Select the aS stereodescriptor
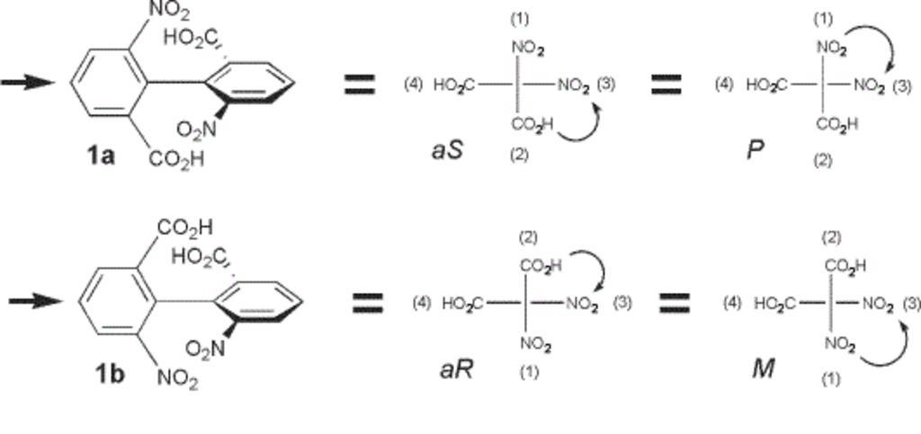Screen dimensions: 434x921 click(446, 148)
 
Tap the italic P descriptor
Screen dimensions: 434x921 click(755, 149)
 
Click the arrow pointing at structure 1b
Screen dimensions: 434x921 click(35, 301)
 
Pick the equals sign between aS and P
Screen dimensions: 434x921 click(666, 84)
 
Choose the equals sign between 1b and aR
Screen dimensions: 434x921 click(367, 303)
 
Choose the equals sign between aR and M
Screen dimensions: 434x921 click(675, 303)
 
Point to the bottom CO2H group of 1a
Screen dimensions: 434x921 click(176, 159)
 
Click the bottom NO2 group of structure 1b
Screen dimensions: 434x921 click(177, 379)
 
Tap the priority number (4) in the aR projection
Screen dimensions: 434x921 click(423, 302)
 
